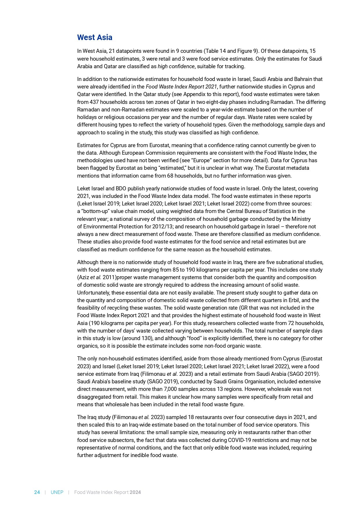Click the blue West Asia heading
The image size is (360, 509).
pyautogui.click(x=95, y=37)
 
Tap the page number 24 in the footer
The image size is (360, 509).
pyautogui.click(x=37, y=492)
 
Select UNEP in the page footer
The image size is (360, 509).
pyautogui.click(x=57, y=492)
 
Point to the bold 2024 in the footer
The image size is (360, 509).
pyautogui.click(x=135, y=492)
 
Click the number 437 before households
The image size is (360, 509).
pyautogui.click(x=94, y=102)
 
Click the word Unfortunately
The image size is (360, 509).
pyautogui.click(x=93, y=293)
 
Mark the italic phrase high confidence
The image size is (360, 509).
pyautogui.click(x=176, y=66)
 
